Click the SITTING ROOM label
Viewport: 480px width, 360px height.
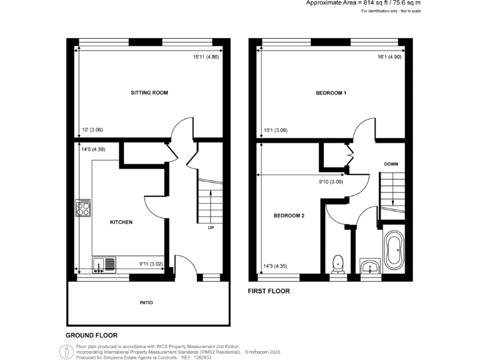pyautogui.click(x=149, y=93)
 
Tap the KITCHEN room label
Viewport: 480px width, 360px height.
pyautogui.click(x=121, y=222)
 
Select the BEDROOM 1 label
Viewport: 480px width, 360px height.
pyautogui.click(x=331, y=93)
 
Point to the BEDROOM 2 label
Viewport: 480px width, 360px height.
pyautogui.click(x=289, y=216)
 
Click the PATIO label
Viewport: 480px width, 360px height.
pyautogui.click(x=146, y=302)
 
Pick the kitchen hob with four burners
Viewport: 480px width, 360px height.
pyautogui.click(x=83, y=207)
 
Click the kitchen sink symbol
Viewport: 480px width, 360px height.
pyautogui.click(x=103, y=265)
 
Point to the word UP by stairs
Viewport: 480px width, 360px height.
pyautogui.click(x=211, y=227)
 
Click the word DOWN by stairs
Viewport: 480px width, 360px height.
pyautogui.click(x=391, y=164)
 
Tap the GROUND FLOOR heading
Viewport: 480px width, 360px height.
pyautogui.click(x=92, y=336)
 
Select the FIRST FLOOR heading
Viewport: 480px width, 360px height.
pyautogui.click(x=269, y=291)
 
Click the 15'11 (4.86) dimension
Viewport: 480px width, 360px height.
pyautogui.click(x=206, y=57)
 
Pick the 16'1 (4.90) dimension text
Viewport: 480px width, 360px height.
pyautogui.click(x=389, y=57)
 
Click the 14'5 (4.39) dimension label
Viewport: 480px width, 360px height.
pyautogui.click(x=92, y=149)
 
